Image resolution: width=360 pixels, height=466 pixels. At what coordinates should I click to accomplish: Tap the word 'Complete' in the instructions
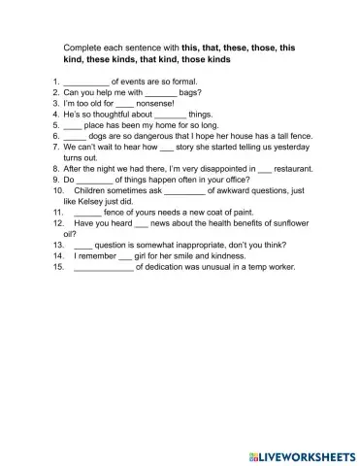[x=84, y=46]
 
